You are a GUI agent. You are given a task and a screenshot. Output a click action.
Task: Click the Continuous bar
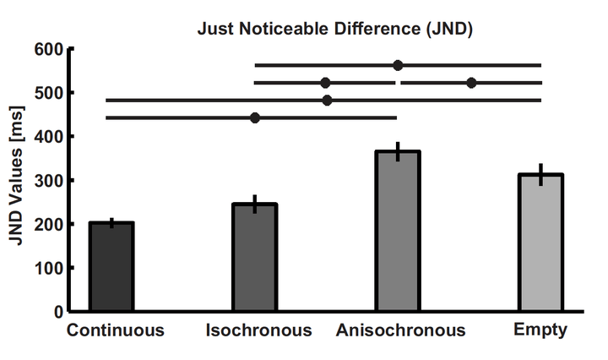(112, 266)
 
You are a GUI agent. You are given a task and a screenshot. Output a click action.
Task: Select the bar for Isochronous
(255, 257)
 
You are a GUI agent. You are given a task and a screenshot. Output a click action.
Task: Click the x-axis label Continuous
(116, 330)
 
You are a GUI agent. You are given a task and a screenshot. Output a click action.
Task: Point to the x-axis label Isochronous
(258, 330)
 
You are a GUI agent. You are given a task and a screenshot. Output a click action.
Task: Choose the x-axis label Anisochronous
(400, 330)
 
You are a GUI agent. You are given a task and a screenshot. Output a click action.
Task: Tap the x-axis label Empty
(540, 330)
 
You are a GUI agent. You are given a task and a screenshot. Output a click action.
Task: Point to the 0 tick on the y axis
(57, 312)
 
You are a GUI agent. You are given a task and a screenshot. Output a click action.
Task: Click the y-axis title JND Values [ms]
(17, 180)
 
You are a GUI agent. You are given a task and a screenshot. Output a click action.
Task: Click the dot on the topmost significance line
(398, 65)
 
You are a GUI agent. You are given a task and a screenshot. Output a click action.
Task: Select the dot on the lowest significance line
(255, 117)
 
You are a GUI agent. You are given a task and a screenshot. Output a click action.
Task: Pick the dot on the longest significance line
(327, 100)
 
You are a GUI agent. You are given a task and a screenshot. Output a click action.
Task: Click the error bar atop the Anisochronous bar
(398, 152)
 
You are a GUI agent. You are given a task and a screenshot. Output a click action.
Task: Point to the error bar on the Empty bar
(540, 174)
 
